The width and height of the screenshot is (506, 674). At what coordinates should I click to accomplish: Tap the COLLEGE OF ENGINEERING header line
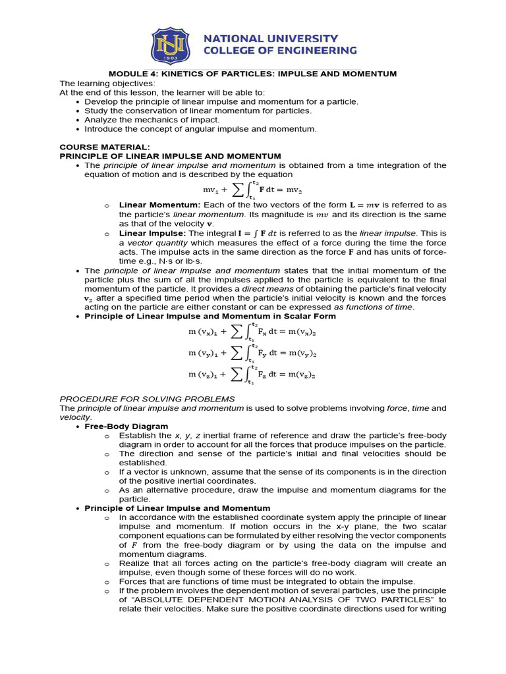(280, 50)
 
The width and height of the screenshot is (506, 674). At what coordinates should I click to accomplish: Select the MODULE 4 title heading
(252, 74)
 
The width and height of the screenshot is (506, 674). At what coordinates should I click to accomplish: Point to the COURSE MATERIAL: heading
(105, 147)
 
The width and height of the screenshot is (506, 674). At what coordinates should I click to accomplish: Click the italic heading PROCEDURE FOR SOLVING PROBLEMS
(147, 399)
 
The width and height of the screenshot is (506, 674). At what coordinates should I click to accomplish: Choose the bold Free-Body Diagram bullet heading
(126, 427)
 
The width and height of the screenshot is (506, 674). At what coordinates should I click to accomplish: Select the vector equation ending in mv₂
(252, 190)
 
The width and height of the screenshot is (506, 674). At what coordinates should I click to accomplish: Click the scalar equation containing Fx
(252, 334)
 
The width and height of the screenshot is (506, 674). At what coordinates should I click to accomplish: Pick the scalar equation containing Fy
(252, 353)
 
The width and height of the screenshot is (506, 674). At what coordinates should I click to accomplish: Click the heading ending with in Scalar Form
(210, 316)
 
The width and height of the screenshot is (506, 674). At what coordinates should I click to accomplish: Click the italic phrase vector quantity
(155, 242)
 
